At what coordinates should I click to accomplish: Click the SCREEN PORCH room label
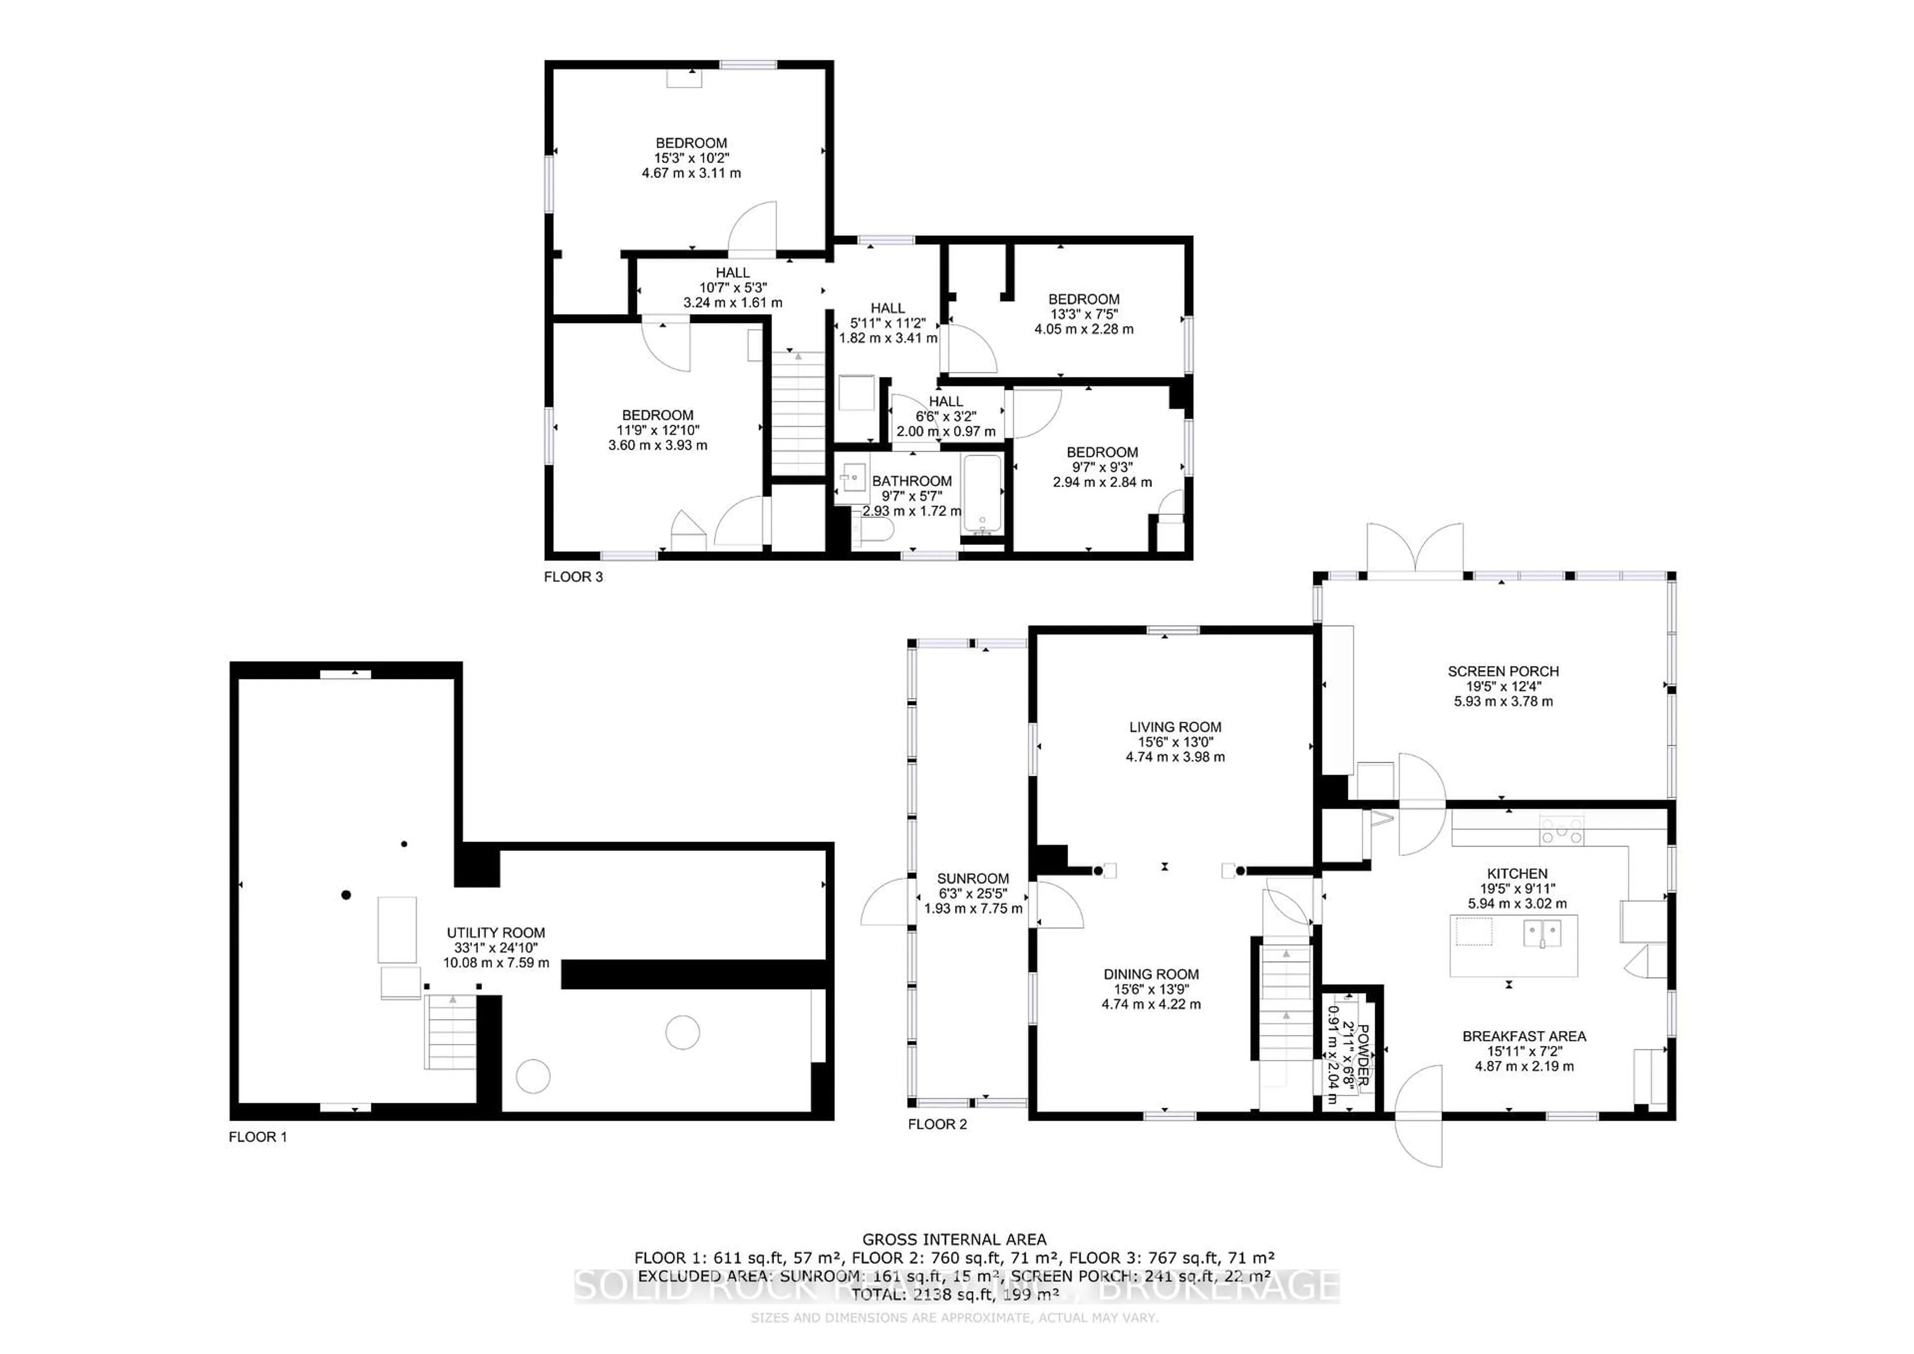1502,671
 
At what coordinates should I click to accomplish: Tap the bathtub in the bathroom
982,494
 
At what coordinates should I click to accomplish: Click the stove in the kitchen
1561,831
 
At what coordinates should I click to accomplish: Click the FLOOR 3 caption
573,577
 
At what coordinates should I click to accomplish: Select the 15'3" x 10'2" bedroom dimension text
691,158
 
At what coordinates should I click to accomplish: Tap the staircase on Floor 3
798,413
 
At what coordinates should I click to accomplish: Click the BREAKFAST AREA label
1524,1036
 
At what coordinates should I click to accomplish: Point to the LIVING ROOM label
1175,727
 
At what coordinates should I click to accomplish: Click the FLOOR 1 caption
258,1137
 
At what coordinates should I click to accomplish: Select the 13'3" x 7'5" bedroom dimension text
1084,314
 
